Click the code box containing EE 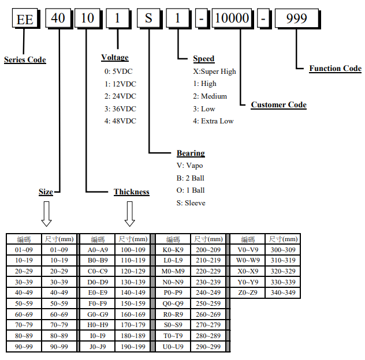tap(24, 18)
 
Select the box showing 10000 tap(231, 18)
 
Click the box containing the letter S tap(148, 18)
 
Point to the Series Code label tap(25, 59)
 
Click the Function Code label tap(335, 68)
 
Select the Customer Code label tap(278, 104)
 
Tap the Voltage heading tap(115, 58)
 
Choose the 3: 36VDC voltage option tap(120, 108)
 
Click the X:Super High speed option tap(214, 72)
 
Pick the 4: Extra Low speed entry tap(213, 121)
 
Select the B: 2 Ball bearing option tap(191, 178)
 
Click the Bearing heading tap(191, 153)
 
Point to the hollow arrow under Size tap(47, 213)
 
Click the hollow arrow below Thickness tap(130, 214)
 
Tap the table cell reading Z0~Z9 tap(248, 293)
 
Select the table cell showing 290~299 tap(208, 347)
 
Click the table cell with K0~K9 tap(173, 250)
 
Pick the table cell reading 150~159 tap(133, 303)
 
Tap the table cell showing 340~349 tap(283, 293)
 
